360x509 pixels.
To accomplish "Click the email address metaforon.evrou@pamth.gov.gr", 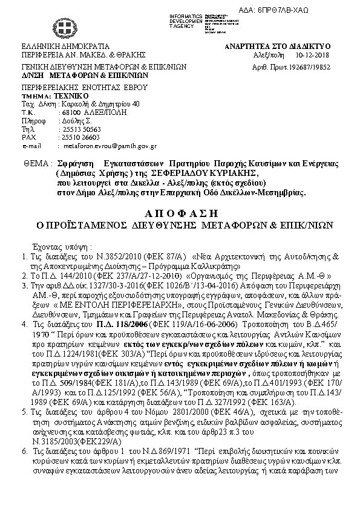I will [110, 146].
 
